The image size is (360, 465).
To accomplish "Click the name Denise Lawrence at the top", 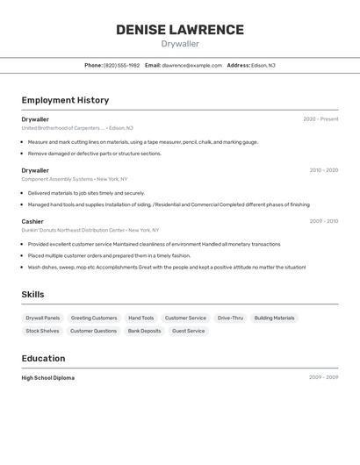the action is point(180,30).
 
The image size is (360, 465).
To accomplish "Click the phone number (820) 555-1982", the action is point(121,65).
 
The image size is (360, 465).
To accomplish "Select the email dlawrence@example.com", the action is point(191,65).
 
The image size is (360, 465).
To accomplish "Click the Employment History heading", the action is point(65,100).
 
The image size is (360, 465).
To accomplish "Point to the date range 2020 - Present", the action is point(320,119).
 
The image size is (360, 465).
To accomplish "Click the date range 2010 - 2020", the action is point(323,170).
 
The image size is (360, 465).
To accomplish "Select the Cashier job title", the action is point(32,221).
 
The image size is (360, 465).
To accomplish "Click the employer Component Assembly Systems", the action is point(57,179).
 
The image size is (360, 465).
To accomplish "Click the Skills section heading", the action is point(33,295).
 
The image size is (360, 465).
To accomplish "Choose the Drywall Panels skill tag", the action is point(43,318).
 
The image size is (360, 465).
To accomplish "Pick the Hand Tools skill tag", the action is point(140,318).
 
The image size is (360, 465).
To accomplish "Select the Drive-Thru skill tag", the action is point(230,318).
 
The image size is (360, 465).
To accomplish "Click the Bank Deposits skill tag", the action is point(144,331).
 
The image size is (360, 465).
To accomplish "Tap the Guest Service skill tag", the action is point(188,331).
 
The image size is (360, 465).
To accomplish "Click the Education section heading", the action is point(43,358).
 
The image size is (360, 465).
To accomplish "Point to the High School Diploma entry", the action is point(48,378).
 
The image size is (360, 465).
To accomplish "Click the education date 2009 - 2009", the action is point(323,377).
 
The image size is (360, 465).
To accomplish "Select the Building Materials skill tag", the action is point(274,318).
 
